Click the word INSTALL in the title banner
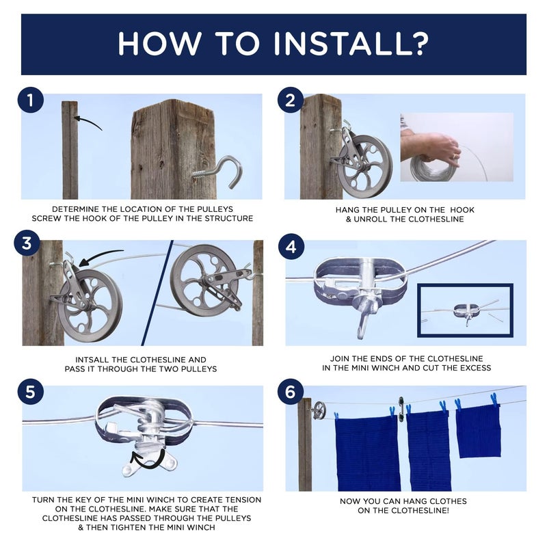point(351,44)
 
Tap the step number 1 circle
point(31,100)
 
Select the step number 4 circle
point(291,247)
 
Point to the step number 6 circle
point(291,391)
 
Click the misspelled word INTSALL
point(92,360)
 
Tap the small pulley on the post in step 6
point(319,410)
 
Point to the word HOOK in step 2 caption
point(462,210)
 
